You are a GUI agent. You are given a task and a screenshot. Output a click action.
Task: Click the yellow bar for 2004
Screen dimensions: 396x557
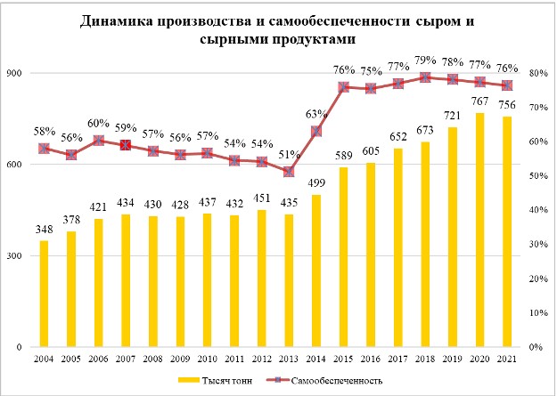44,294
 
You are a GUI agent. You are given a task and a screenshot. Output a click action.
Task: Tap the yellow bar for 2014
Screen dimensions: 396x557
316,271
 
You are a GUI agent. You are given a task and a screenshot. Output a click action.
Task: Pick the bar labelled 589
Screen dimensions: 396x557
343,256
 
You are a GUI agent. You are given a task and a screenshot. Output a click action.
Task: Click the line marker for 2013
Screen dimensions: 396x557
289,172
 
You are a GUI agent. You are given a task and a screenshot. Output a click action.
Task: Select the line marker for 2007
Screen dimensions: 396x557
126,144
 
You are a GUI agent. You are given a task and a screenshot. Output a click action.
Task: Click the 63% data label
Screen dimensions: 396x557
316,114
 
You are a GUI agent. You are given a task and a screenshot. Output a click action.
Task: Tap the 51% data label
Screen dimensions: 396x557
289,154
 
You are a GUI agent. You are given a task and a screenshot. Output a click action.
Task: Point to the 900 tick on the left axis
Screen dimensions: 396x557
19,74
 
